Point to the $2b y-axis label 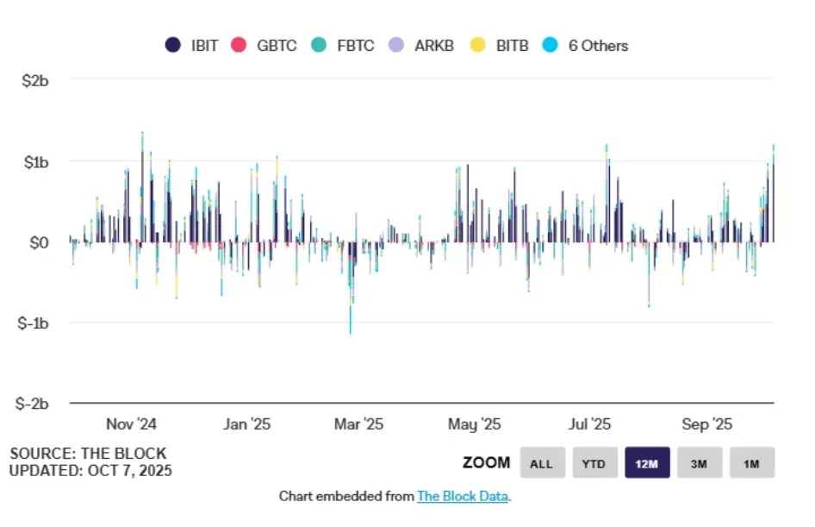pyautogui.click(x=35, y=81)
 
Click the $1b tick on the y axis pyautogui.click(x=35, y=161)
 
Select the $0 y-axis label pyautogui.click(x=39, y=242)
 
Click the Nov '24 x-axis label pyautogui.click(x=131, y=424)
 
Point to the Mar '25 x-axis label pyautogui.click(x=358, y=424)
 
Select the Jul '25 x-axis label pyautogui.click(x=590, y=424)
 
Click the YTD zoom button pyautogui.click(x=594, y=463)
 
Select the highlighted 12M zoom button pyautogui.click(x=647, y=463)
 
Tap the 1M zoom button pyautogui.click(x=752, y=463)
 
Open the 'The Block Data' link pyautogui.click(x=463, y=496)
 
